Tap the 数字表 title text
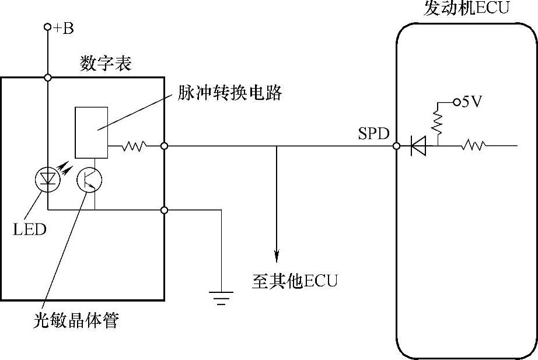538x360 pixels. point(106,64)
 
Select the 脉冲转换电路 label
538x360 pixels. point(230,93)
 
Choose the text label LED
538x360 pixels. point(29,229)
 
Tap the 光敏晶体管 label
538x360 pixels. point(76,320)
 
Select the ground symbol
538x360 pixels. point(221,297)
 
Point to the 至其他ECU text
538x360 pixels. point(295,281)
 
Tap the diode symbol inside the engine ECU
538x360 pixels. point(418,146)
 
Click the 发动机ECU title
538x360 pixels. point(467,9)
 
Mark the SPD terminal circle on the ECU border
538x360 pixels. point(397,146)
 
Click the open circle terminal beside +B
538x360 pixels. point(48,27)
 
